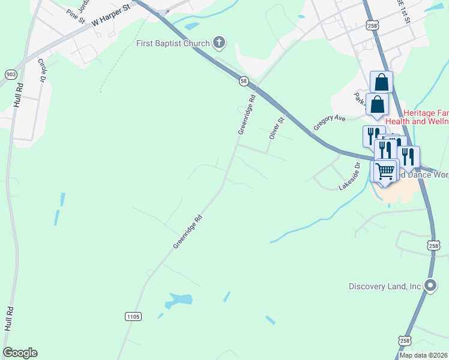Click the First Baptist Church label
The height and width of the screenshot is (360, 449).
pyautogui.click(x=173, y=43)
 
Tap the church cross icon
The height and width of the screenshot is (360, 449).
pyautogui.click(x=220, y=43)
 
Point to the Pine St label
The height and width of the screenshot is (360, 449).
pyautogui.click(x=76, y=16)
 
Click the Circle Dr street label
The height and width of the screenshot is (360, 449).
pyautogui.click(x=42, y=70)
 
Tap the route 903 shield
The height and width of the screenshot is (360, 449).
pyautogui.click(x=11, y=74)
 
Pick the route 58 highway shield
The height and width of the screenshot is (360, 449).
pyautogui.click(x=243, y=80)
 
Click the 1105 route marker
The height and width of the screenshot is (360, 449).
pyautogui.click(x=133, y=316)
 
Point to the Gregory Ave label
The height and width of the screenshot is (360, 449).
pyautogui.click(x=330, y=123)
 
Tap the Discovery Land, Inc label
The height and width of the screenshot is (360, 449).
pyautogui.click(x=385, y=286)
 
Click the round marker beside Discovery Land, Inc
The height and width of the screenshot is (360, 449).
pyautogui.click(x=430, y=286)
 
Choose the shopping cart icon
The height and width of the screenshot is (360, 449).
pyautogui.click(x=385, y=170)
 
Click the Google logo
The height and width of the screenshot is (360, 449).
pyautogui.click(x=20, y=353)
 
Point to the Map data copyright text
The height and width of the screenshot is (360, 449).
pyautogui.click(x=424, y=355)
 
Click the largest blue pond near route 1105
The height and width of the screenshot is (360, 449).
pyautogui.click(x=179, y=299)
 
